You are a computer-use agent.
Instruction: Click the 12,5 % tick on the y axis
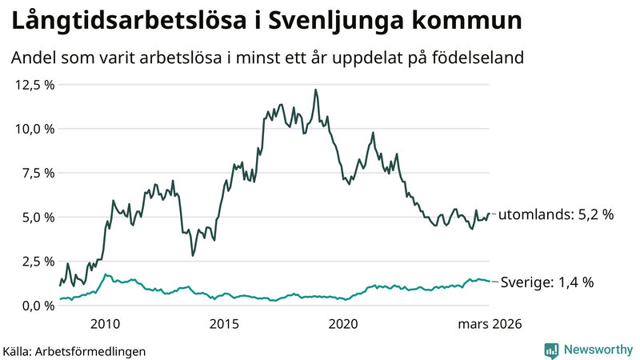tap(33, 84)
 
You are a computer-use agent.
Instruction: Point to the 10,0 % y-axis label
tap(33, 128)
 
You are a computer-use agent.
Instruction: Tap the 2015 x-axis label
tap(225, 324)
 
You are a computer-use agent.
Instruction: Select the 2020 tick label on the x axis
tap(344, 324)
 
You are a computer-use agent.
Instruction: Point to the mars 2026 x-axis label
tap(489, 324)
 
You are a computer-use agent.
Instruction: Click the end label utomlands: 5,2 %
tap(556, 214)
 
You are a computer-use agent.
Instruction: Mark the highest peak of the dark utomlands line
tap(315, 90)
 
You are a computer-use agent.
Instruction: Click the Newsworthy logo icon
tap(551, 350)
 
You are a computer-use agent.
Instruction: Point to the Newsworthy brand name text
tap(596, 350)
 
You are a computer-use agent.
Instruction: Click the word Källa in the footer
tap(18, 350)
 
